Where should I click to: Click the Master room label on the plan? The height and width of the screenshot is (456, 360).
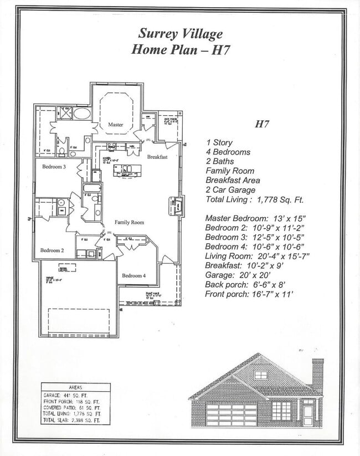coord(115,125)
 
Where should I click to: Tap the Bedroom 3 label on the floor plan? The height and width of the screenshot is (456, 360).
coord(54,167)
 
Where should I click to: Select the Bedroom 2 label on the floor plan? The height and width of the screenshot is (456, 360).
coord(52,250)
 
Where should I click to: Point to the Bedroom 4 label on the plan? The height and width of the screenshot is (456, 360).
coord(133,276)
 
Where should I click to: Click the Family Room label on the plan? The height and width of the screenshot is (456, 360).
coord(129,222)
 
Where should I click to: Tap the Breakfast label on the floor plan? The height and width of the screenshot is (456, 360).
coord(157,157)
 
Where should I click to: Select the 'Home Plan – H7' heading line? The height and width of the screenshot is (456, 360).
coord(181,49)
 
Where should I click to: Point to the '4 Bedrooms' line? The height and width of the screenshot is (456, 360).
coord(228,152)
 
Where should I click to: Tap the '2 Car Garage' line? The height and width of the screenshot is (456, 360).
coord(230,190)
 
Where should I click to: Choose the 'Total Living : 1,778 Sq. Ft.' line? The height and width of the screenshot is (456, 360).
coord(254,200)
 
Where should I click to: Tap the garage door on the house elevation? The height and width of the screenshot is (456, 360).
coord(231,414)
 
